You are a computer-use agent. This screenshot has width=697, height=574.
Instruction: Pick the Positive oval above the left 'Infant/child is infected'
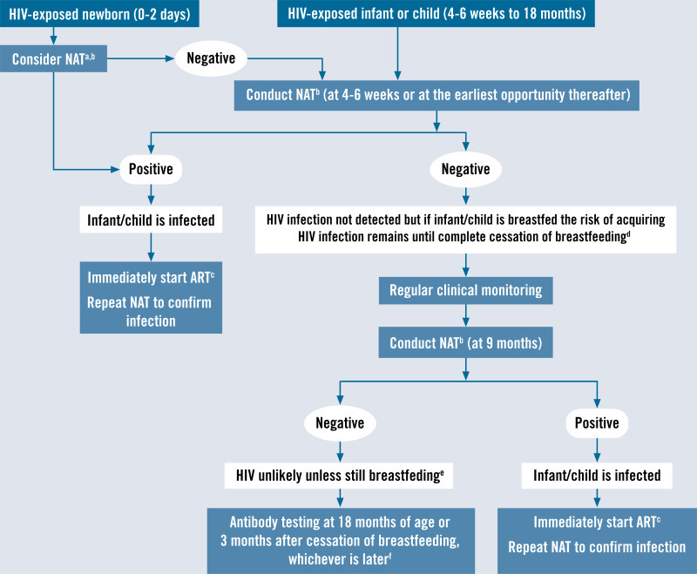(x=151, y=169)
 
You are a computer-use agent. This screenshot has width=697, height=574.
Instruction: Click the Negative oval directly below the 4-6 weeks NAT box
(x=465, y=169)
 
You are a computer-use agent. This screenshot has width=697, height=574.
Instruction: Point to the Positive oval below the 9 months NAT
(x=597, y=423)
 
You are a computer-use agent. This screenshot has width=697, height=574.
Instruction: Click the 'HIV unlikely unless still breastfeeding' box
(x=340, y=476)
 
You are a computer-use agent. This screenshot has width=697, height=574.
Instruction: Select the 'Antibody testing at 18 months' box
(x=341, y=539)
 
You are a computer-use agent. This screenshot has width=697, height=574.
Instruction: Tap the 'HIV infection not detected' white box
(x=465, y=229)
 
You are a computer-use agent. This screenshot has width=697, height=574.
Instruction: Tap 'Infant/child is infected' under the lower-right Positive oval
(x=597, y=476)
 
